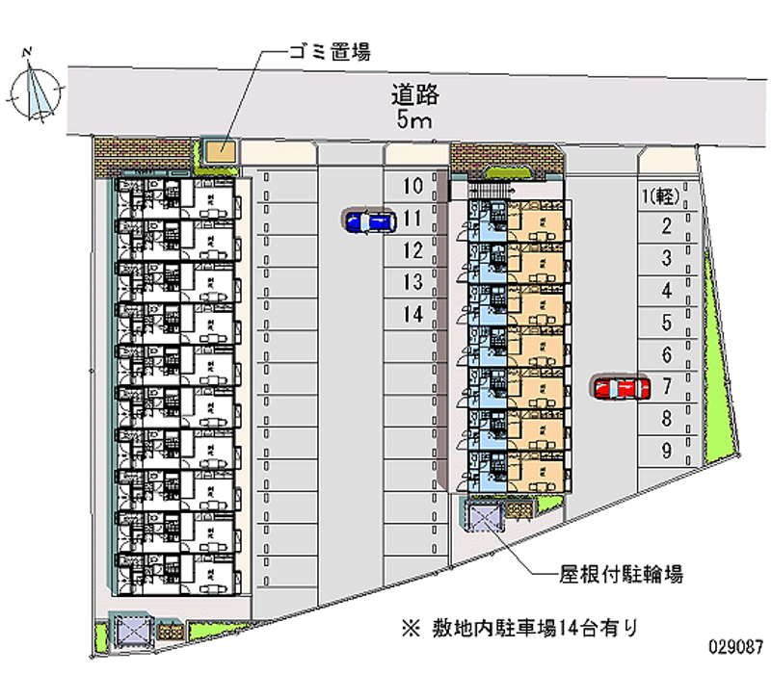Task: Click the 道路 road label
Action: [416, 94]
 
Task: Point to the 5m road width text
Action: [416, 120]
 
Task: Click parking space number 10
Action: [413, 186]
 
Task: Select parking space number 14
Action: [413, 314]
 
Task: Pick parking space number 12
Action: [413, 250]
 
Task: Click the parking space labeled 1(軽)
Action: [662, 196]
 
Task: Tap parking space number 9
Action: [666, 450]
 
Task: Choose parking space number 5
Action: [666, 323]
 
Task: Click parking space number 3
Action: [666, 259]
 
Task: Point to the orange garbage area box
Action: [221, 152]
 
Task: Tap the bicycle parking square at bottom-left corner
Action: [129, 631]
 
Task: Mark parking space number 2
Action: [666, 227]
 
